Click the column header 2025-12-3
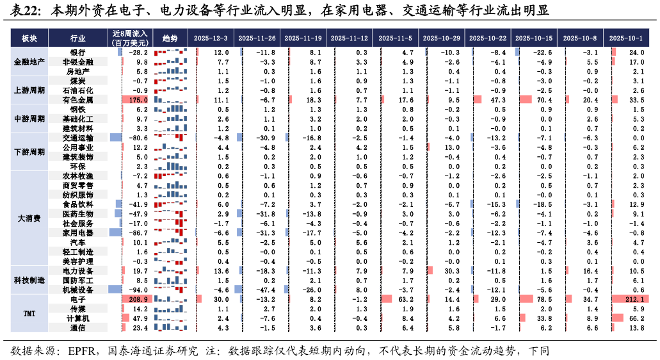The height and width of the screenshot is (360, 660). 211,38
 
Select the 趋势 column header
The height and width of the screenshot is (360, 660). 170,38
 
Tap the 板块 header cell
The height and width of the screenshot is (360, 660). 29,38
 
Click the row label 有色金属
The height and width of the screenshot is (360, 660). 78,100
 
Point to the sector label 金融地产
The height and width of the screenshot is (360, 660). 29,62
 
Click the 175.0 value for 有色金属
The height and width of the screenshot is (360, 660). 138,100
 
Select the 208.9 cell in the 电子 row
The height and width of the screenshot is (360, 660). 138,299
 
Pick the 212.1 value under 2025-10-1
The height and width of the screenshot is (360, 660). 635,299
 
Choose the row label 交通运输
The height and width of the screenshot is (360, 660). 78,138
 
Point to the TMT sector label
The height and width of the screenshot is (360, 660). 29,314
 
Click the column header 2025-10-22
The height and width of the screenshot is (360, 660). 488,38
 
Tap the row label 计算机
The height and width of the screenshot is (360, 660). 78,319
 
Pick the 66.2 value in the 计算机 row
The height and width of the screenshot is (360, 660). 636,319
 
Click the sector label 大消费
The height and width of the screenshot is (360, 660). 29,218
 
